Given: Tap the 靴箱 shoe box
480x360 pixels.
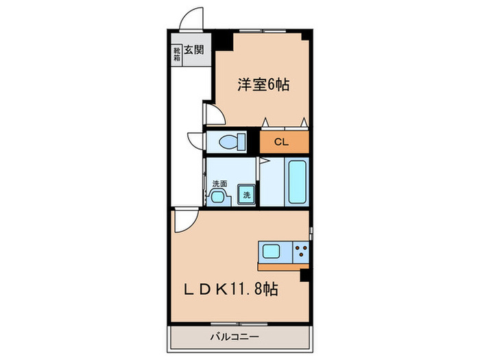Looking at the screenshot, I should pos(176,54).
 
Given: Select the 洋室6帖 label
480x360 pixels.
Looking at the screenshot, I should pos(263,85).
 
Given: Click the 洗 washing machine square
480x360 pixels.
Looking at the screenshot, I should pos(246,195).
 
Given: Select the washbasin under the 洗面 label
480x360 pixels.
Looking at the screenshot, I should pos(219,197).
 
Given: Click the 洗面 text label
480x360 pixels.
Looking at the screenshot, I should pos(219,184).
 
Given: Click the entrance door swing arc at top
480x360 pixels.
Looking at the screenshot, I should pos(191,19).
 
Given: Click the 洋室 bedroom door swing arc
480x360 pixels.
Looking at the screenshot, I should pos(212,114).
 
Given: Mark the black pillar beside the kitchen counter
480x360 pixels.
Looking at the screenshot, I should pos(305,276).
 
